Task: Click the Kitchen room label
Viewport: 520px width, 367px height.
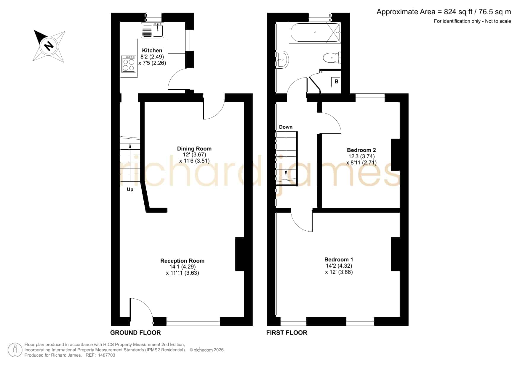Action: (x=152, y=51)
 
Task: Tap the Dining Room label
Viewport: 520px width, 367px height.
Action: (x=194, y=149)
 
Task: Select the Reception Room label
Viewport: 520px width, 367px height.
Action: (x=183, y=261)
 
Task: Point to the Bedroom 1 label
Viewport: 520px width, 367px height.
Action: (x=339, y=260)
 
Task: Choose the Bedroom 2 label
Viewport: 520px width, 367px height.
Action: (x=361, y=150)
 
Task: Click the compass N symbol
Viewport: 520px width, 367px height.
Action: (x=49, y=46)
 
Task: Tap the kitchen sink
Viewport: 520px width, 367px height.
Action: (x=153, y=30)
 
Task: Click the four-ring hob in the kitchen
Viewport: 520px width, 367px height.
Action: (x=129, y=64)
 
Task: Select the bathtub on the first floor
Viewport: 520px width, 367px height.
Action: (x=315, y=33)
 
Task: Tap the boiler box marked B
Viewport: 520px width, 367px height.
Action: (x=336, y=82)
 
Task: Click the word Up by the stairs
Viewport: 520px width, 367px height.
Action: (x=130, y=190)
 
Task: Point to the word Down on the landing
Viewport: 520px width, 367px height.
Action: (x=286, y=127)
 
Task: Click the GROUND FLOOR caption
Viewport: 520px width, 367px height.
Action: (x=135, y=333)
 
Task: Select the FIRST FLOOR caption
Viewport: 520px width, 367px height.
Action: (x=287, y=333)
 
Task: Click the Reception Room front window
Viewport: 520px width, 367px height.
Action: (x=193, y=321)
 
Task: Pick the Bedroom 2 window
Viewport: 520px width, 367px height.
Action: (x=370, y=98)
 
